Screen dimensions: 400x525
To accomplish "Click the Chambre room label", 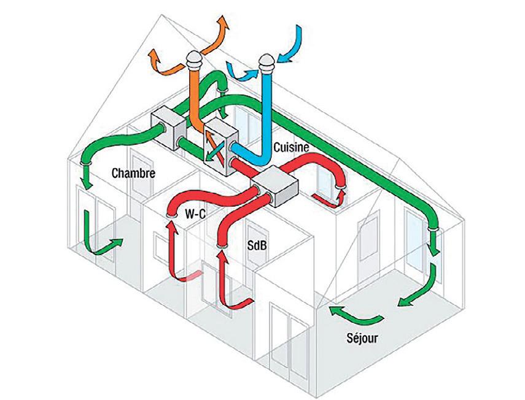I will (133, 173).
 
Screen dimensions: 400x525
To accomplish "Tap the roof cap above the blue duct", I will (265, 62).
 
